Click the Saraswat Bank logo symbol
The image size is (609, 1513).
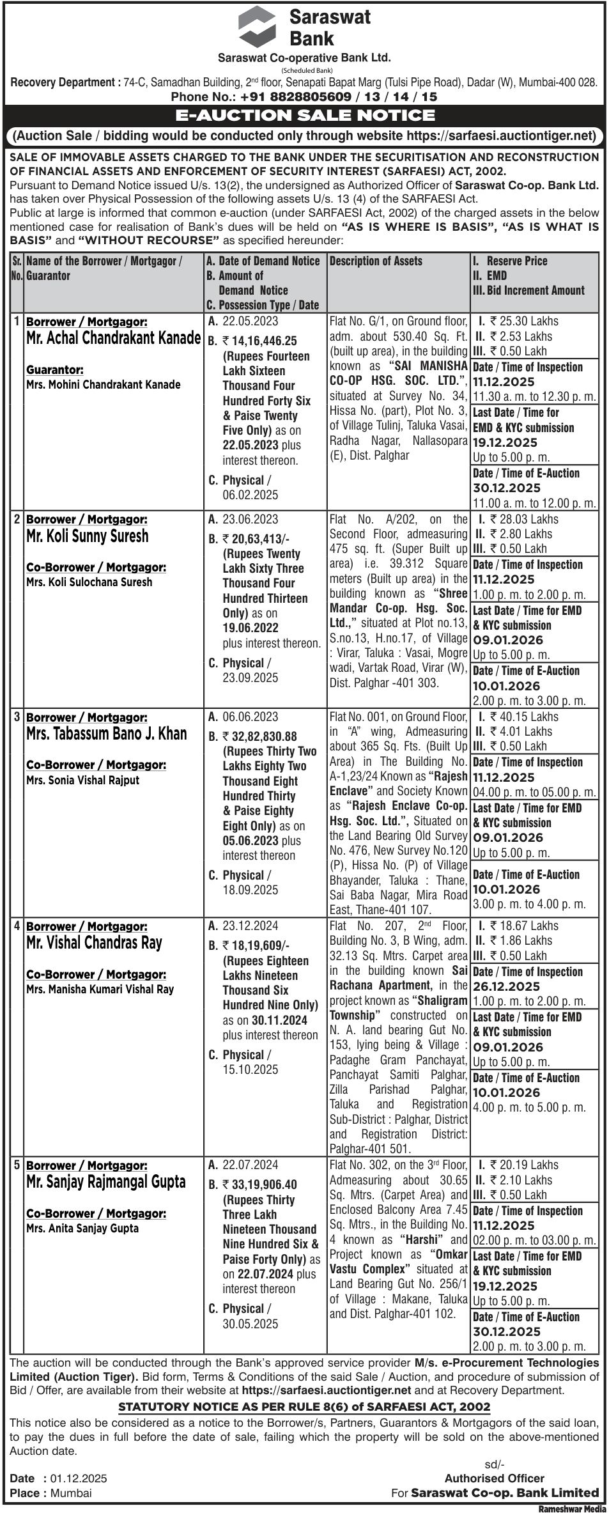point(258,27)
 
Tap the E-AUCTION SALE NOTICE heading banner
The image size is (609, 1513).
point(305,115)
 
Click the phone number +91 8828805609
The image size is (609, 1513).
point(296,97)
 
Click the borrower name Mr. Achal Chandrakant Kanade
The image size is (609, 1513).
point(113,338)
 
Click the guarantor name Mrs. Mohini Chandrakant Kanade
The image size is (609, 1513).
point(104,385)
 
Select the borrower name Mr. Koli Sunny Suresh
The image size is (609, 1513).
point(87,536)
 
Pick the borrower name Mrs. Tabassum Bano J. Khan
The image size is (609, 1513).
point(107,733)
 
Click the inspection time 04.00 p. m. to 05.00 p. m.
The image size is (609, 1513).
point(534,792)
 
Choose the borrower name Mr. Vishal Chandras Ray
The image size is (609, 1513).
point(94,942)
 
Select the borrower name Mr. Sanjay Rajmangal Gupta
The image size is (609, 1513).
point(106,1181)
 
